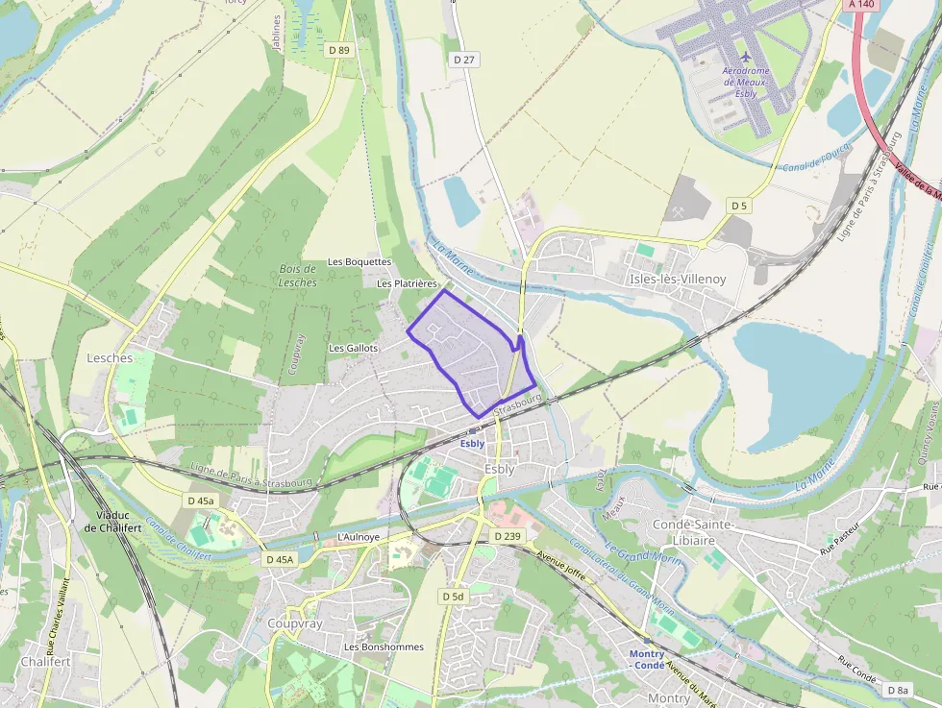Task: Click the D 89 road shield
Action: pyautogui.click(x=337, y=49)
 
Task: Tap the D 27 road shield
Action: pyautogui.click(x=464, y=60)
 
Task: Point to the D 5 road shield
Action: pyautogui.click(x=738, y=206)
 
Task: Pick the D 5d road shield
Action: pyautogui.click(x=453, y=597)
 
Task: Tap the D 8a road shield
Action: pyautogui.click(x=898, y=690)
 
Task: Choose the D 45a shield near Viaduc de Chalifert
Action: pyautogui.click(x=201, y=500)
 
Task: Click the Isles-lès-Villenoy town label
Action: pyautogui.click(x=678, y=279)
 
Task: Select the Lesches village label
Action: pyautogui.click(x=110, y=357)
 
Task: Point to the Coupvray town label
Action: pyautogui.click(x=295, y=623)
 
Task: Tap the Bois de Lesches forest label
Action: pyautogui.click(x=298, y=276)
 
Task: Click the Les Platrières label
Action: pyautogui.click(x=407, y=283)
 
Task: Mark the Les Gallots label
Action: pyautogui.click(x=354, y=348)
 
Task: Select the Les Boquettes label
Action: pyautogui.click(x=359, y=261)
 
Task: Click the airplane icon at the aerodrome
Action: pyautogui.click(x=746, y=55)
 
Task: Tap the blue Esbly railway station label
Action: pyautogui.click(x=472, y=444)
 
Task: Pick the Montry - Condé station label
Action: pyautogui.click(x=647, y=659)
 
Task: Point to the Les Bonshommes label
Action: pyautogui.click(x=384, y=647)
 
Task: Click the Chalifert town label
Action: pyautogui.click(x=45, y=662)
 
